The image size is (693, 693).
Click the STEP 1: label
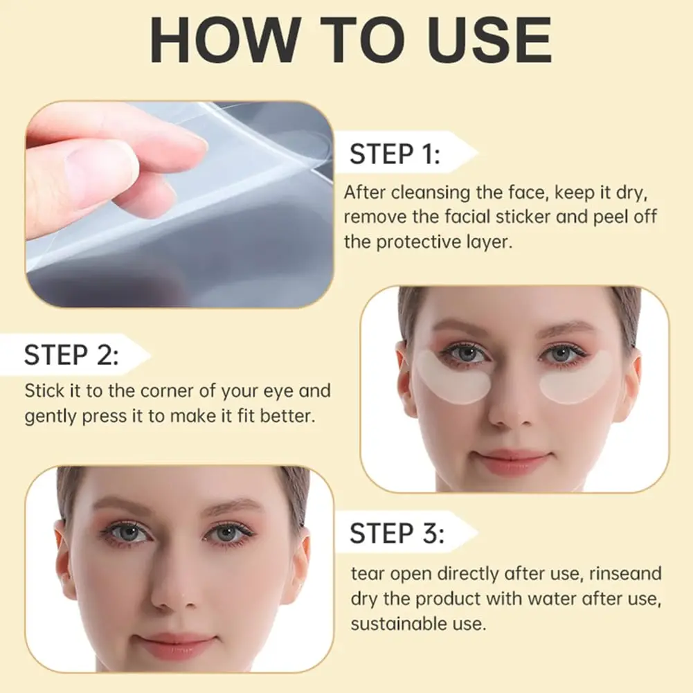395,154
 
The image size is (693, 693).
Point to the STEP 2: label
71,355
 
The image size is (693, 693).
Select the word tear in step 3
366,573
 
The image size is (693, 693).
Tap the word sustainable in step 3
393,624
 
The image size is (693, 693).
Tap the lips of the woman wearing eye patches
514,460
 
